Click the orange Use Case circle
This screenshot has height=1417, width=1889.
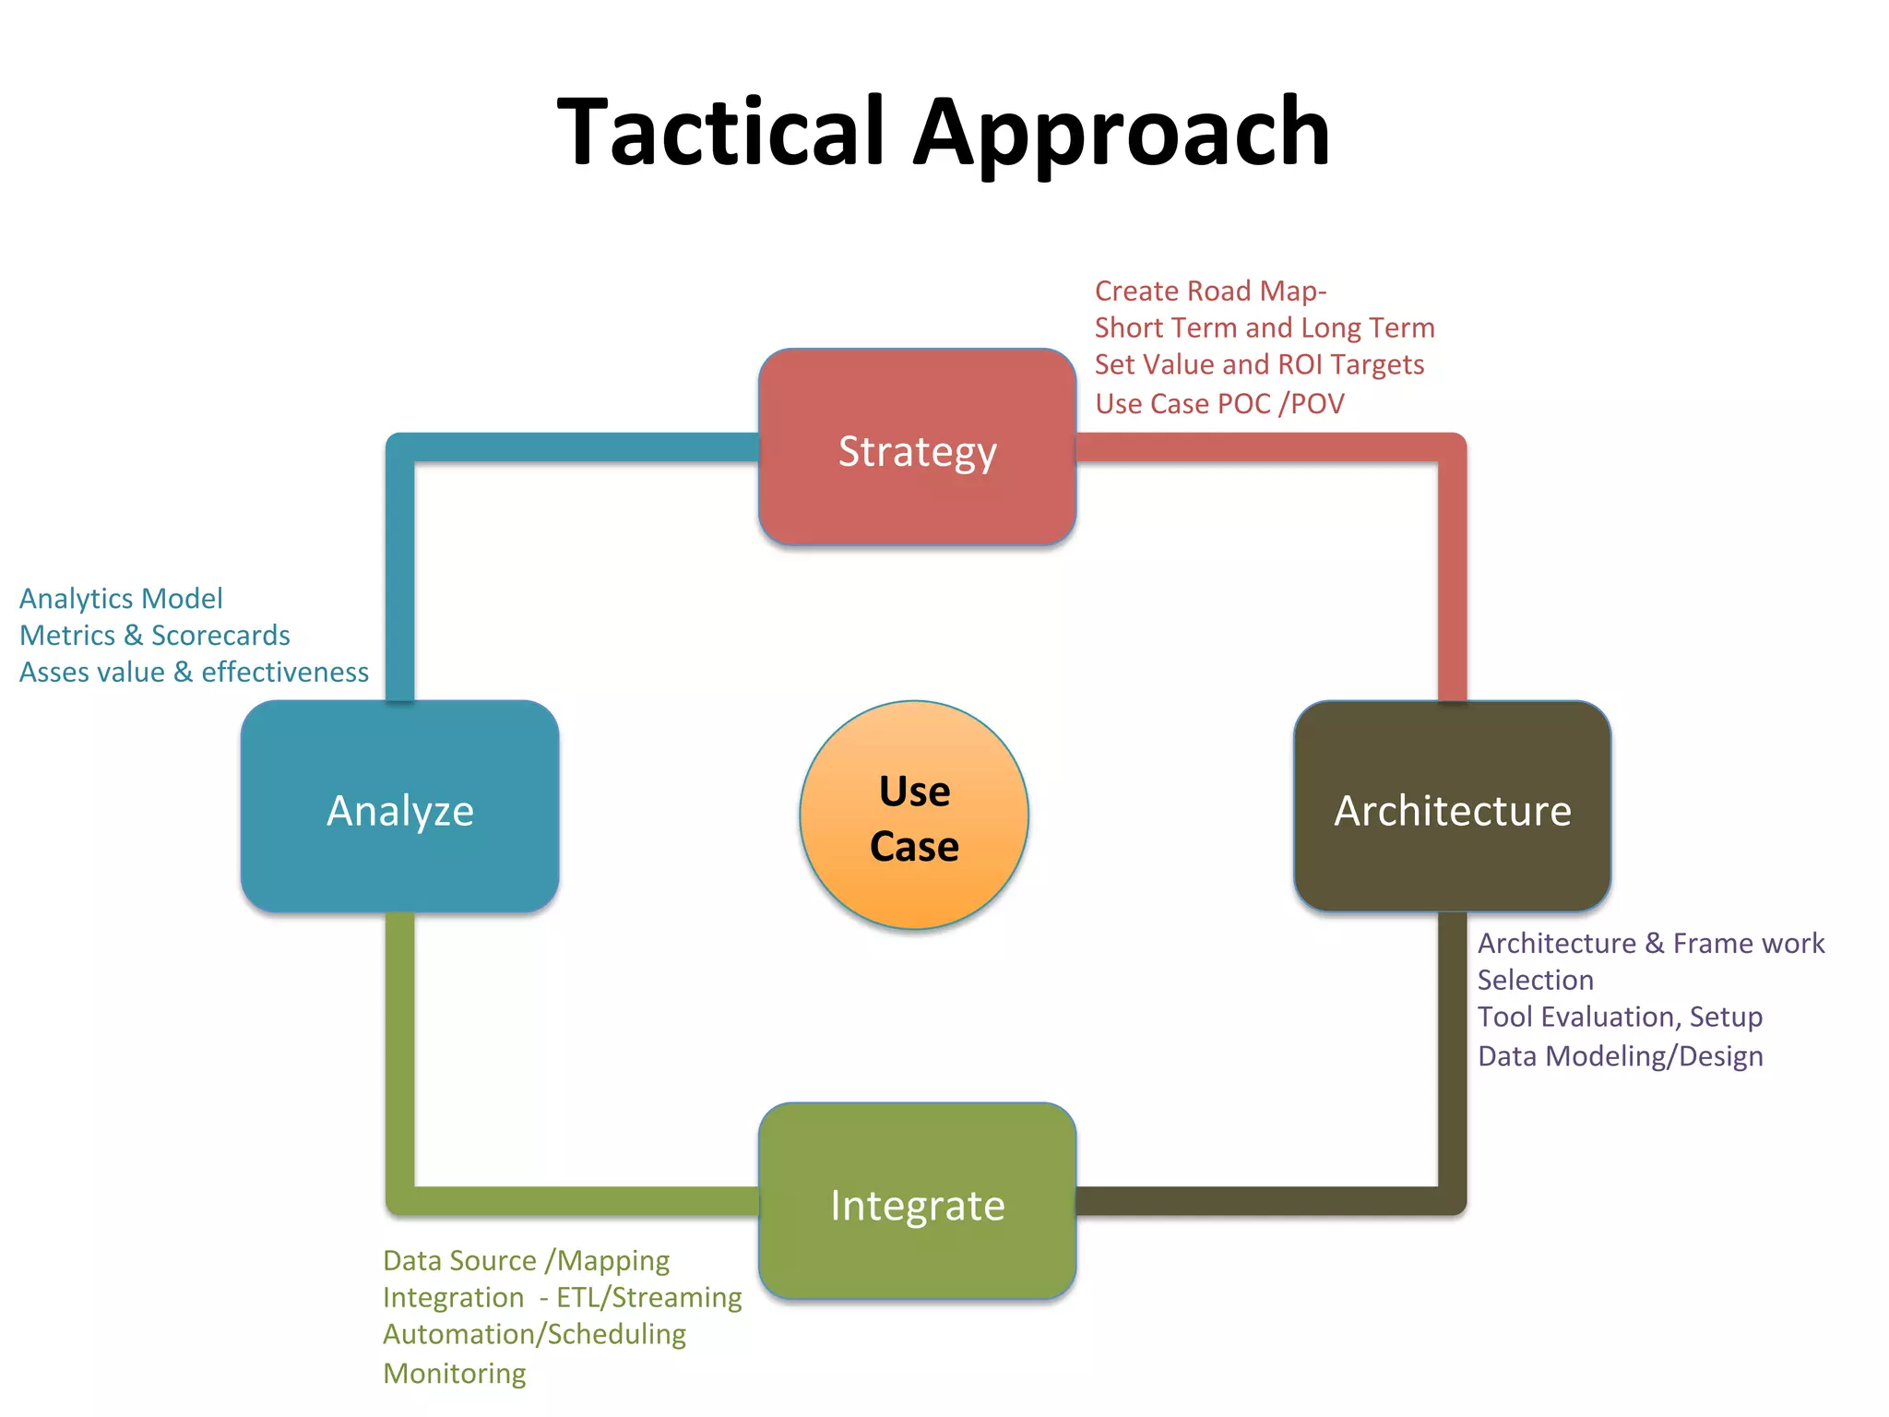pyautogui.click(x=914, y=816)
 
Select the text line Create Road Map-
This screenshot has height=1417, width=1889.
pyautogui.click(x=1210, y=291)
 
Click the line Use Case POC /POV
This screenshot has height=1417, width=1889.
pyautogui.click(x=1219, y=403)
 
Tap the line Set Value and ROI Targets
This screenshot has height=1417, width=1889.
pyautogui.click(x=1259, y=364)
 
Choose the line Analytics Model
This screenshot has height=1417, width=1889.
pyautogui.click(x=121, y=599)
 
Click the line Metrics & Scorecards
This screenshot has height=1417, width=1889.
pyautogui.click(x=155, y=636)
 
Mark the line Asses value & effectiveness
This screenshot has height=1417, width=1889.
pyautogui.click(x=194, y=673)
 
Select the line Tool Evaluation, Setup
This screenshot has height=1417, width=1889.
pyautogui.click(x=1620, y=1017)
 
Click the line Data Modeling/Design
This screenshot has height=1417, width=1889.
pyautogui.click(x=1620, y=1055)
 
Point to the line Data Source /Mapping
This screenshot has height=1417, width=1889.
pyautogui.click(x=526, y=1260)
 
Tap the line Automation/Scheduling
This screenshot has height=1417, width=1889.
pyautogui.click(x=534, y=1334)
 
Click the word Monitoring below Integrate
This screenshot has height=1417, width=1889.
pyautogui.click(x=455, y=1374)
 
